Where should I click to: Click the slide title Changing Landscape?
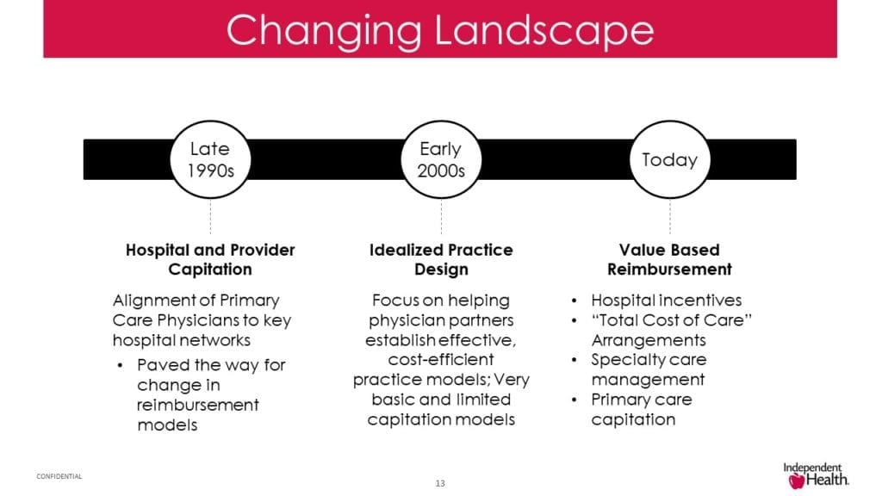[440, 30]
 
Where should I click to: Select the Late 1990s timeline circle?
[210, 159]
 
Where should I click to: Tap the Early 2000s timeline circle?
[441, 159]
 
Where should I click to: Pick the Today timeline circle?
[669, 159]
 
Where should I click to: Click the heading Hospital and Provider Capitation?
[210, 259]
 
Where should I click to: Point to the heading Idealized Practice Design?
[441, 259]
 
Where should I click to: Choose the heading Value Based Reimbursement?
[669, 259]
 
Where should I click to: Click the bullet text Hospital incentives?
[666, 301]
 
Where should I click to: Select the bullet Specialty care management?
[648, 369]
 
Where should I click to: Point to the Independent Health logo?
[815, 472]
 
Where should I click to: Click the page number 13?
[440, 483]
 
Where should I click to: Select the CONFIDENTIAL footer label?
[59, 476]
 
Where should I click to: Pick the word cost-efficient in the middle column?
[441, 360]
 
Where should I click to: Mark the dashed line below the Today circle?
[670, 216]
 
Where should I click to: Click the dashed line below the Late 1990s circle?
[210, 216]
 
